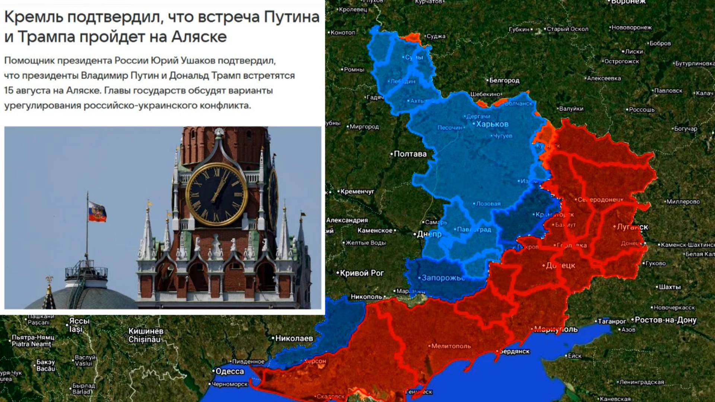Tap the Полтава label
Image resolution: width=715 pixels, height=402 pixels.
pos(410,154)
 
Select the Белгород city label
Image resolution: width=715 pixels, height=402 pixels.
pos(504,80)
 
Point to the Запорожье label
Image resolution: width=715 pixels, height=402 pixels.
pos(443,278)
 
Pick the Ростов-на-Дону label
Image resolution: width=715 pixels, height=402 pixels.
pos(665,320)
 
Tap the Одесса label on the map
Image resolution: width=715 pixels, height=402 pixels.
pos(230,371)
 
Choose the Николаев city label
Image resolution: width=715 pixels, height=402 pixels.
pos(294,338)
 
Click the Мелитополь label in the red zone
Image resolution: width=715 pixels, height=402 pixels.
pos(451,346)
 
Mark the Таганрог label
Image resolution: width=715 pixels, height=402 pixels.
pos(612,321)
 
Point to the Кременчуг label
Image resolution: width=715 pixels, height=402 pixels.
pos(357,191)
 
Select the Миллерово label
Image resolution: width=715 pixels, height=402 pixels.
pos(683,202)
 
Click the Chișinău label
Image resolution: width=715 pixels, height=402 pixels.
pos(144,339)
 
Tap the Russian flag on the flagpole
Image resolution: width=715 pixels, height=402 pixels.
pos(97,212)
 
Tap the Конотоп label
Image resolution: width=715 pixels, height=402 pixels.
pos(343,33)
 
